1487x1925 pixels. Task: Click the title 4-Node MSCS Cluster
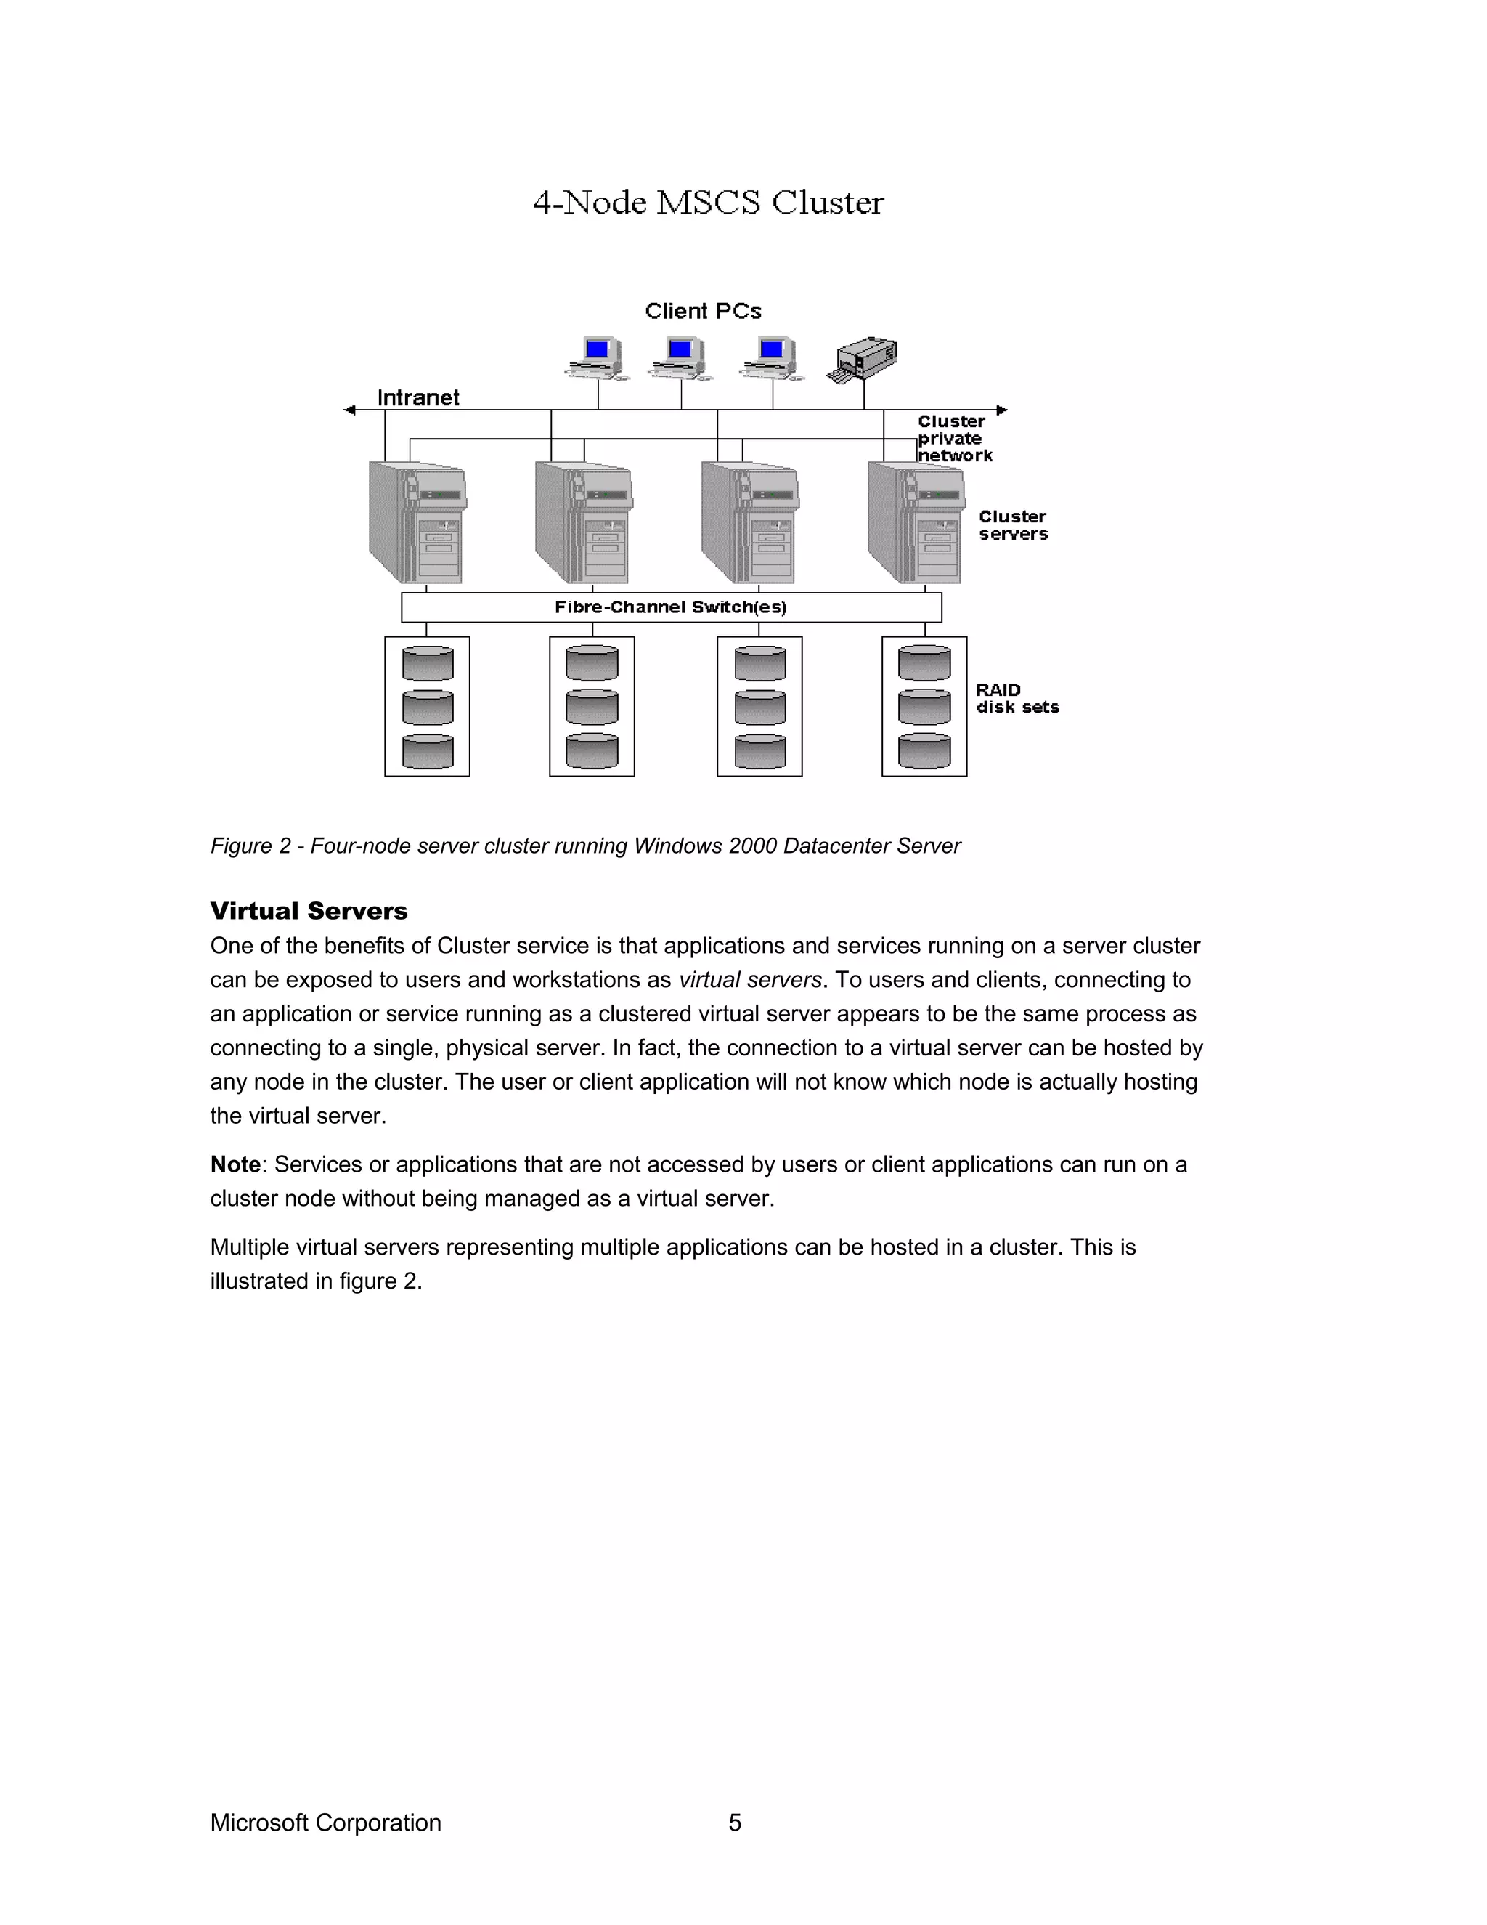(707, 203)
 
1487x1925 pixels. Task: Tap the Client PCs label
(702, 311)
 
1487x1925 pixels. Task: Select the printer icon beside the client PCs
(863, 359)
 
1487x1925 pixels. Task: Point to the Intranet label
(417, 397)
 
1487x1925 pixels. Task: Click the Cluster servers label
(1012, 525)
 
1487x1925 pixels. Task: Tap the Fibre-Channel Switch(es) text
(670, 607)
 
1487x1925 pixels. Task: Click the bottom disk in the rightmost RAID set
(924, 751)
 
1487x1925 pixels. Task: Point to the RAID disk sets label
(1016, 698)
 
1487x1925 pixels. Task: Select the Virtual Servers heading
(309, 910)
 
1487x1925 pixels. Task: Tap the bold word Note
(235, 1164)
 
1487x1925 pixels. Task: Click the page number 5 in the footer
(735, 1823)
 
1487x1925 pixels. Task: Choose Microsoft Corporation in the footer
(325, 1823)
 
